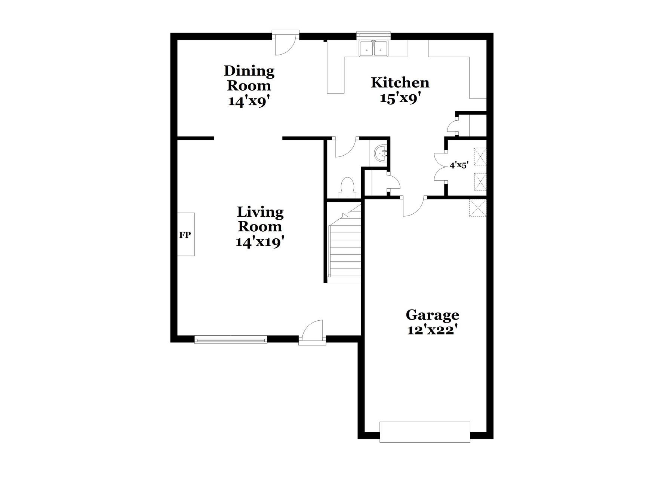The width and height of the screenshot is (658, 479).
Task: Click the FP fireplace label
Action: point(185,235)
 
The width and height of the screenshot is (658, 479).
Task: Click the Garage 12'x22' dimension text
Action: point(433,330)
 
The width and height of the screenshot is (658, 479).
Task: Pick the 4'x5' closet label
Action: point(459,165)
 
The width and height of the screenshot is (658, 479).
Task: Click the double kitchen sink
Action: point(373,49)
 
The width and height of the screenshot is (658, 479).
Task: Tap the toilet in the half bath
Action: point(348,187)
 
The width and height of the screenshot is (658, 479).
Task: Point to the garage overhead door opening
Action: point(425,432)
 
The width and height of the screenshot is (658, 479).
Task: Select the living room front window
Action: point(231,340)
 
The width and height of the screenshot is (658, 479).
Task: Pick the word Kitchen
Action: point(400,83)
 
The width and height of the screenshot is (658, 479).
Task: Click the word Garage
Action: point(433,315)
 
